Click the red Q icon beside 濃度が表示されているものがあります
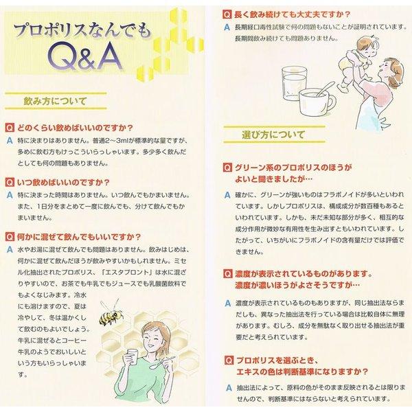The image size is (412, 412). [x=226, y=274]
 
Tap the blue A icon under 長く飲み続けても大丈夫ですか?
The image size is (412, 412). [x=226, y=26]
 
